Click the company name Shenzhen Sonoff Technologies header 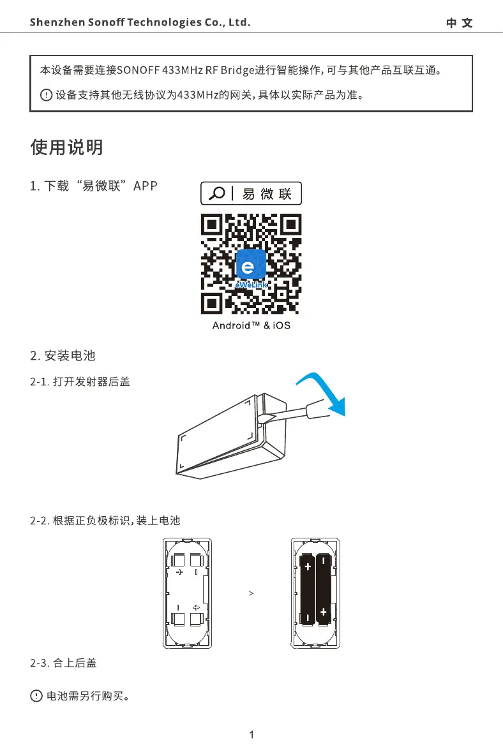point(140,23)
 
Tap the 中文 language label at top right point(459,24)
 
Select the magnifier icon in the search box point(216,193)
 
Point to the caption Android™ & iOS point(251,325)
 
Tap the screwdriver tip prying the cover point(265,418)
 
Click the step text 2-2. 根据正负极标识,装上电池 point(105,521)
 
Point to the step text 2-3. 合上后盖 point(64,664)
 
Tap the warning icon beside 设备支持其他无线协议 point(45,96)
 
